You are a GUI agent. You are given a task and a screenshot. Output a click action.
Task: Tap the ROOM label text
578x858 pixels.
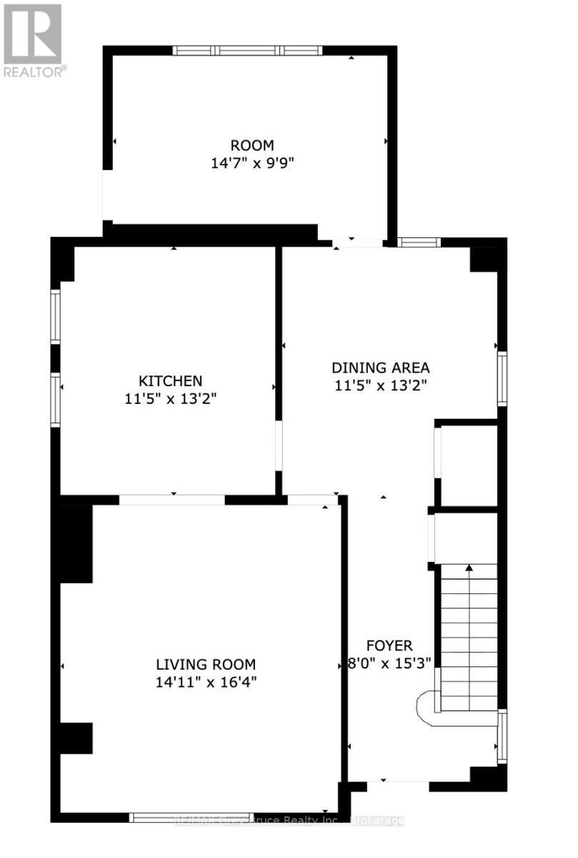251,146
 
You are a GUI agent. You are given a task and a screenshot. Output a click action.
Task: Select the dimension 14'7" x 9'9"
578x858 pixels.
252,163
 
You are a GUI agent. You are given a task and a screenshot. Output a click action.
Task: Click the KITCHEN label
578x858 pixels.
170,381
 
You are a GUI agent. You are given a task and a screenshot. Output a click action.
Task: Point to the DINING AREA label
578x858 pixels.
380,368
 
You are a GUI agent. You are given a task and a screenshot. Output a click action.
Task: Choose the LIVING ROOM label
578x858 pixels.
206,664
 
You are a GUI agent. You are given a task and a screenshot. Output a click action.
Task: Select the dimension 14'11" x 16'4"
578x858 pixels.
206,681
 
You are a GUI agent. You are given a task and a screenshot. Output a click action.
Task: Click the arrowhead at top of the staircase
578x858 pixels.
469,568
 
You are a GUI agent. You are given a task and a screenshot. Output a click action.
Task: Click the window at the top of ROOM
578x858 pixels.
247,50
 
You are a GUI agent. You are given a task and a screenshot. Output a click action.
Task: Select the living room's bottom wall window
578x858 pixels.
191,817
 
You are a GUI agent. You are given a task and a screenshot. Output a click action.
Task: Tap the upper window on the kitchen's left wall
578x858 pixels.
55,317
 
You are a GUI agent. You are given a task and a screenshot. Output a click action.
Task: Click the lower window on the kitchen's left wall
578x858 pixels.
55,400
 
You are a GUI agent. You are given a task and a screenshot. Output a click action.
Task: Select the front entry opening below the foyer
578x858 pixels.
397,786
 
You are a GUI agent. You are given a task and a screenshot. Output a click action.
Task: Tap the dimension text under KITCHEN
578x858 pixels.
170,398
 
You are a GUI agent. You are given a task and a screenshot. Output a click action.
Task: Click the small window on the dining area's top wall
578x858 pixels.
419,242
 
